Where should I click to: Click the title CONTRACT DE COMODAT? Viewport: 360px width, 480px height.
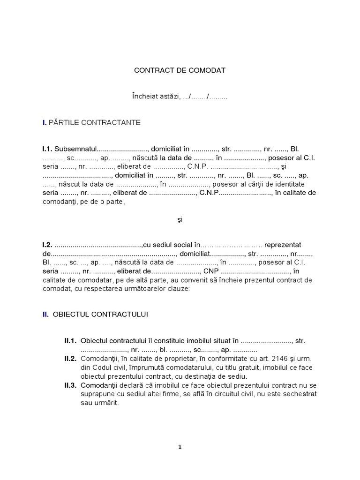[180, 70]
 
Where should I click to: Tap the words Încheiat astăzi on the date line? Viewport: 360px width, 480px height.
[155, 97]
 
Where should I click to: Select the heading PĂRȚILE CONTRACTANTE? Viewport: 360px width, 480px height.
[94, 122]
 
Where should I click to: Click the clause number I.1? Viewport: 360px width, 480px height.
[47, 149]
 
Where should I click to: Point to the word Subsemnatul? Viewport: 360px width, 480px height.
[75, 149]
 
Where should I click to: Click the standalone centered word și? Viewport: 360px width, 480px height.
[180, 219]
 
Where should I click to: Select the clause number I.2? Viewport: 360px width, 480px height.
[47, 245]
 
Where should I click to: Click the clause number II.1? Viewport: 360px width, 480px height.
[70, 341]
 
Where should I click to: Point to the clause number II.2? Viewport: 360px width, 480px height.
[70, 359]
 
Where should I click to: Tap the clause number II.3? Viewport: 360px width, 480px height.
[70, 385]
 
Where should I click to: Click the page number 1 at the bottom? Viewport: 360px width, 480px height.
[180, 447]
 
